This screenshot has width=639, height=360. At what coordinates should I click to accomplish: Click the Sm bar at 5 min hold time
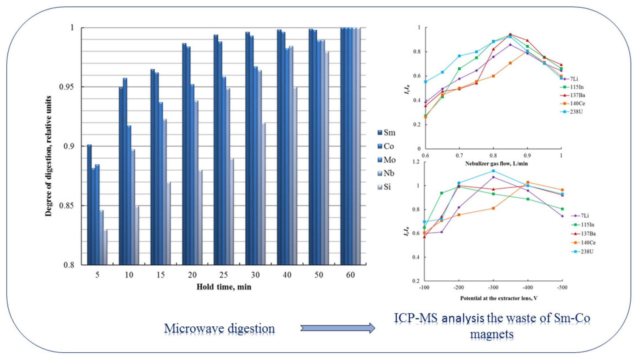[x=89, y=205]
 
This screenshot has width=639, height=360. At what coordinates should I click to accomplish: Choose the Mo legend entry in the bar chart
[x=386, y=160]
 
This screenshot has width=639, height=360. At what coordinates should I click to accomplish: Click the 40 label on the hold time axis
[x=287, y=275]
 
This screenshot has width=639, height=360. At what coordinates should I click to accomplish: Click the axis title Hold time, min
[x=224, y=287]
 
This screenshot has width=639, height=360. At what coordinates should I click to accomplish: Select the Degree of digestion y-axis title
[x=48, y=156]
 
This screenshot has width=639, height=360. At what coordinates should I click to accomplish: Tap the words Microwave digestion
[x=219, y=328]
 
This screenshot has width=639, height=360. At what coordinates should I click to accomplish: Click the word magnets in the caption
[x=492, y=334]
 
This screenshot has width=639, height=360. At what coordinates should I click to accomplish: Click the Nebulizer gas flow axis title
[x=496, y=164]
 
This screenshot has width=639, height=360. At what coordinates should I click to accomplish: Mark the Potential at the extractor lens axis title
[x=498, y=298]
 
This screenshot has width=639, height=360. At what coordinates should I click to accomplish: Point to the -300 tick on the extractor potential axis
[x=493, y=288]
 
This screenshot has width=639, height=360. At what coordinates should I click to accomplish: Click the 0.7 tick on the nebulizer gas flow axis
[x=459, y=156]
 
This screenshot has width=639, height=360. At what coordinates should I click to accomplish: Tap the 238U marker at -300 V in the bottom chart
[x=493, y=171]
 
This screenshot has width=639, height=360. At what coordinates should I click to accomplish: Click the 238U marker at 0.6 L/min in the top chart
[x=425, y=82]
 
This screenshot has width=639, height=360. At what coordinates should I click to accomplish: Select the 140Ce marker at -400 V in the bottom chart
[x=528, y=182]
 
